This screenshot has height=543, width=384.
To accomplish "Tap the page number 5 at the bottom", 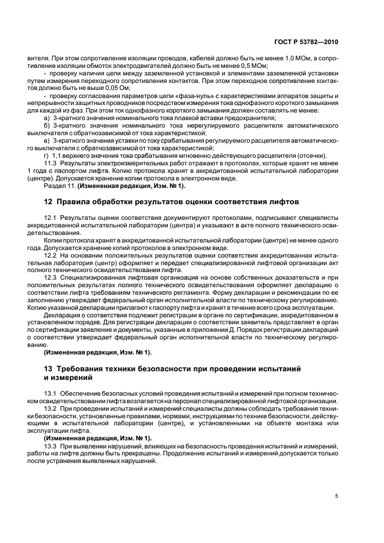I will (x=336, y=496).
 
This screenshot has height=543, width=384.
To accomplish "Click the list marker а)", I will (x=48, y=118).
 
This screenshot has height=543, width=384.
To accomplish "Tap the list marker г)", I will (x=48, y=155).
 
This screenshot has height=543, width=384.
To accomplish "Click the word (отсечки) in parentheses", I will (x=310, y=155).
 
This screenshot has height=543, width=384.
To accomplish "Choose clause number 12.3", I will (x=51, y=277).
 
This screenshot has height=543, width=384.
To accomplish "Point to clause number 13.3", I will (x=51, y=446).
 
